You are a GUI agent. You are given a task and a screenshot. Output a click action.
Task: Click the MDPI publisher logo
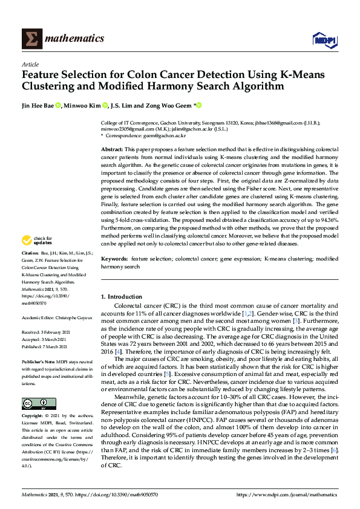[x=324, y=40]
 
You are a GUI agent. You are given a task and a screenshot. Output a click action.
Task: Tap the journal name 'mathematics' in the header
[x=76, y=39]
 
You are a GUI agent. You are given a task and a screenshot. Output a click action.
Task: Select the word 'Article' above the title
[x=30, y=64]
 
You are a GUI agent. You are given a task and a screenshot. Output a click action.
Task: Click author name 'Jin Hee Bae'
[x=38, y=106]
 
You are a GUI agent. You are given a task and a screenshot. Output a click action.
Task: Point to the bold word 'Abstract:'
[x=112, y=149]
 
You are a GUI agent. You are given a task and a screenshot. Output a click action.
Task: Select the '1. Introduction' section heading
[x=122, y=297]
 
